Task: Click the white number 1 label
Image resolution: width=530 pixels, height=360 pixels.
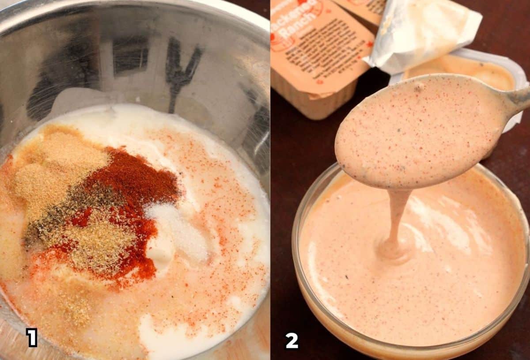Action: [32, 337]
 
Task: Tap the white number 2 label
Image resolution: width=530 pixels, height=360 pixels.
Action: [291, 341]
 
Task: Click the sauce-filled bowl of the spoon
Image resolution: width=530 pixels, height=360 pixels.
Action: [420, 133]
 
